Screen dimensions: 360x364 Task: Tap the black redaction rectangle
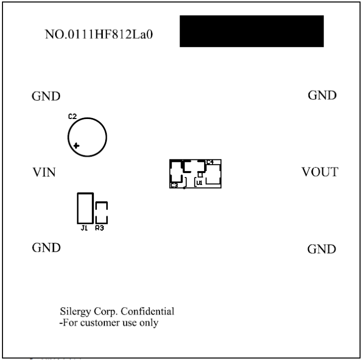(251, 31)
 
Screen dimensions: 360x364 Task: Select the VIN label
(44, 172)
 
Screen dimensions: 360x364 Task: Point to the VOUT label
(320, 172)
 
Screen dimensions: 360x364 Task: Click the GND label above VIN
(46, 96)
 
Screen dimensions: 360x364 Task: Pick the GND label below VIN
(46, 247)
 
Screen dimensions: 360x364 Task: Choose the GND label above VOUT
(322, 95)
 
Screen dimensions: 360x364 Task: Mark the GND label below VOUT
(322, 249)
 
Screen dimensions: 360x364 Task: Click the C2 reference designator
(72, 117)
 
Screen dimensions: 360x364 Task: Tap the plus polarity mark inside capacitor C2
(76, 146)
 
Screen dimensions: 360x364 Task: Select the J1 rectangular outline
(85, 208)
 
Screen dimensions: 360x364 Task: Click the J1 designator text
(84, 228)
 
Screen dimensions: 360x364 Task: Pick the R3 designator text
(100, 228)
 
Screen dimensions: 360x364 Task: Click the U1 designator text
(199, 182)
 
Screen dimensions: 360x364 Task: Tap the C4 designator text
(210, 162)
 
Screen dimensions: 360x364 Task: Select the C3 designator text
(174, 185)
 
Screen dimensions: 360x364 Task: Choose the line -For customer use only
(109, 323)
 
